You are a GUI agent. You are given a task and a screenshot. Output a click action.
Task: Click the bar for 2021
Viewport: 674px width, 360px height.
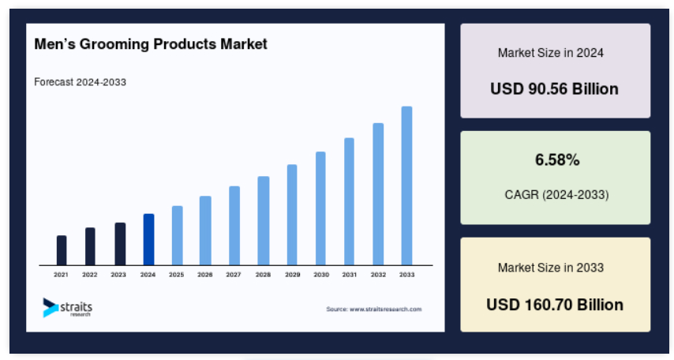click(x=62, y=250)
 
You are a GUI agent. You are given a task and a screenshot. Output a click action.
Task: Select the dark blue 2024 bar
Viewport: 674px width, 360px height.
click(x=148, y=239)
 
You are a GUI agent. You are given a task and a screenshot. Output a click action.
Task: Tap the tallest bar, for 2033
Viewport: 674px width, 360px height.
click(x=406, y=186)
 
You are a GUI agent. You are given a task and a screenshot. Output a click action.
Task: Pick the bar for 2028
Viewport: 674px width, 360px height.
click(x=264, y=220)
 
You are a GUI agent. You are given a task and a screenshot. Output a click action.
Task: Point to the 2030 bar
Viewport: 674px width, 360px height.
click(x=320, y=208)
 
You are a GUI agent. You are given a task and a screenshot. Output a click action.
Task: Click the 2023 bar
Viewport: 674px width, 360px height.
click(x=120, y=244)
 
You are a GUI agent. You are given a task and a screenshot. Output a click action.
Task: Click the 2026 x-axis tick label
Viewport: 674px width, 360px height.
click(x=205, y=275)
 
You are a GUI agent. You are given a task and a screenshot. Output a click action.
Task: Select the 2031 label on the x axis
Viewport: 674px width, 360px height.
click(x=350, y=275)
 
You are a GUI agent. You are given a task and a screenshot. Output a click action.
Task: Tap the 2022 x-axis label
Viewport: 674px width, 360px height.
click(x=90, y=275)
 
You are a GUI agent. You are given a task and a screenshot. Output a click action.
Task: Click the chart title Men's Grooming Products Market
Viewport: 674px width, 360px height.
click(x=151, y=44)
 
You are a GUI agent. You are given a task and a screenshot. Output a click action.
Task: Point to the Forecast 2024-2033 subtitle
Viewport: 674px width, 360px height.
click(x=80, y=82)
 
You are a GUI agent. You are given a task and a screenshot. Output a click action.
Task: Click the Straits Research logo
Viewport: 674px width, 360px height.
click(x=68, y=308)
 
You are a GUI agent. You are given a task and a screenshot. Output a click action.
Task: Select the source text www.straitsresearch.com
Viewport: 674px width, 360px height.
click(x=386, y=309)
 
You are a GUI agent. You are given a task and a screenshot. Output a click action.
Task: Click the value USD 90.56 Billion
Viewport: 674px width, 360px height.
click(x=555, y=89)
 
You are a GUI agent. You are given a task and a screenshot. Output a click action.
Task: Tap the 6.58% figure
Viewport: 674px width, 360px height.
click(x=557, y=160)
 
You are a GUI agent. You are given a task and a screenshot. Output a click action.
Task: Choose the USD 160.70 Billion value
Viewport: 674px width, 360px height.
click(x=555, y=305)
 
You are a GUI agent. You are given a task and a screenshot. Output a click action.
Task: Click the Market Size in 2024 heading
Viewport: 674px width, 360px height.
click(x=551, y=53)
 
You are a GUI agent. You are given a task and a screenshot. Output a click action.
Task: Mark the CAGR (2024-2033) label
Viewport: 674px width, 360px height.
click(x=556, y=195)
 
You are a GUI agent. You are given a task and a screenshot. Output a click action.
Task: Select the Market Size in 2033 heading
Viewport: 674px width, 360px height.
click(x=551, y=268)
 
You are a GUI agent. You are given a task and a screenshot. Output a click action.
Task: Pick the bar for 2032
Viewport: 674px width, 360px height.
click(x=378, y=194)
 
